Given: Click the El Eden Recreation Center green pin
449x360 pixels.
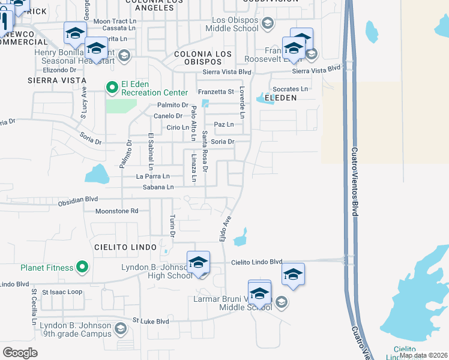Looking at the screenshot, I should click(x=112, y=88).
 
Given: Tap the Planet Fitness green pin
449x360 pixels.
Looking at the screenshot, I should click(x=82, y=268).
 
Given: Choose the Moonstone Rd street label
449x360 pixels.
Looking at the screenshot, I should click(x=117, y=211).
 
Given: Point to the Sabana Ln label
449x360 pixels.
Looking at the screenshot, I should click(x=158, y=187).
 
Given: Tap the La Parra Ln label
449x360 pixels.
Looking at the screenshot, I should click(x=152, y=176).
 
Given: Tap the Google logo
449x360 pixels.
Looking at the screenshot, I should click(x=20, y=353).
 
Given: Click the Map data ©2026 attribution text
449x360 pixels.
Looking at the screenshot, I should click(x=423, y=355).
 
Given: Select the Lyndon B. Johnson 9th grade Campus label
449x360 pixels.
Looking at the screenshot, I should click(x=76, y=329).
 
